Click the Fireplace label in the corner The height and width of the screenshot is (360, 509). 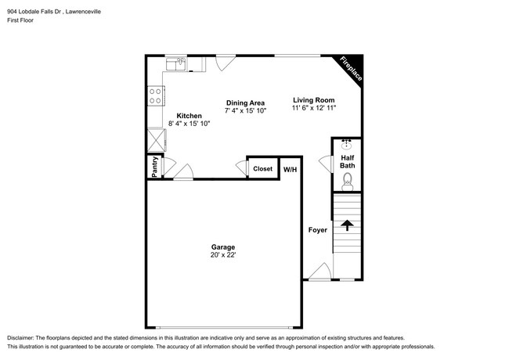click(349, 70)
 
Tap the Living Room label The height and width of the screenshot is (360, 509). click(314, 99)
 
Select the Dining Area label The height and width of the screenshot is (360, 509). click(245, 103)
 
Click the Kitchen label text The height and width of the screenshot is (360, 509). click(189, 115)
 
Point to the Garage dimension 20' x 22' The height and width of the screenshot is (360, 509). click(222, 255)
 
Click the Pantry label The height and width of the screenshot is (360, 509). click(154, 167)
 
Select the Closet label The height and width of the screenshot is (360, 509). click(262, 168)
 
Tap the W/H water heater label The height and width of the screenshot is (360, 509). click(290, 169)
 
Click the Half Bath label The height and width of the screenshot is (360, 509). click(347, 161)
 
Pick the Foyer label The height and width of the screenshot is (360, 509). click(317, 230)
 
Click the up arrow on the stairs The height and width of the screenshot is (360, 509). click(346, 226)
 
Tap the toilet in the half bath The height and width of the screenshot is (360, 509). click(348, 182)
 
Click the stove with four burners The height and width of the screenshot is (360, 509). click(156, 95)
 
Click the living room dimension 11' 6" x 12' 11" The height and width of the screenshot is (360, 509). click(314, 110)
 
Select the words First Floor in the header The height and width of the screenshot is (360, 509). click(22, 22)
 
